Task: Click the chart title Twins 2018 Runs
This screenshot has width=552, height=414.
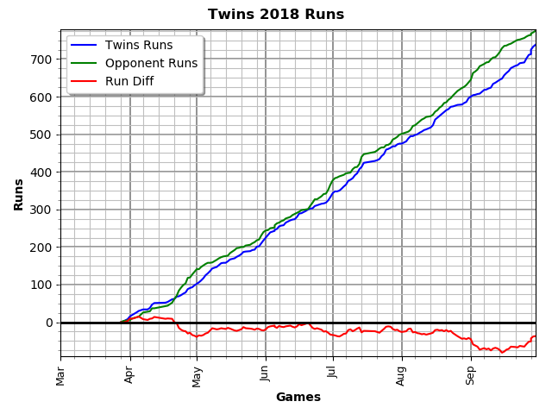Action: [276, 15]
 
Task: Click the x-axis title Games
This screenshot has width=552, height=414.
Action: [298, 398]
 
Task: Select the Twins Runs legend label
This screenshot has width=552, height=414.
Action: [139, 45]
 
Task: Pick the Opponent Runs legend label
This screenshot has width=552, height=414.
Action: [151, 63]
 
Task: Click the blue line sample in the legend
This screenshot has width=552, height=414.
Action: [84, 45]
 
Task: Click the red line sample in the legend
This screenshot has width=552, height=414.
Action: [84, 81]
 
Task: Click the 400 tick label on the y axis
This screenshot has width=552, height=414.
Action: [42, 172]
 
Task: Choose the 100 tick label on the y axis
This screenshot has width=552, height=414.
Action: [42, 285]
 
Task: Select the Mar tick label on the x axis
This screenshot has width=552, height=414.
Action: [60, 374]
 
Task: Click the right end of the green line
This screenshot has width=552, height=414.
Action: [536, 31]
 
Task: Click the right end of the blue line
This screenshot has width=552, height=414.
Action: [536, 45]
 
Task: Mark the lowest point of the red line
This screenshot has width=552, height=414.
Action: [502, 352]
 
